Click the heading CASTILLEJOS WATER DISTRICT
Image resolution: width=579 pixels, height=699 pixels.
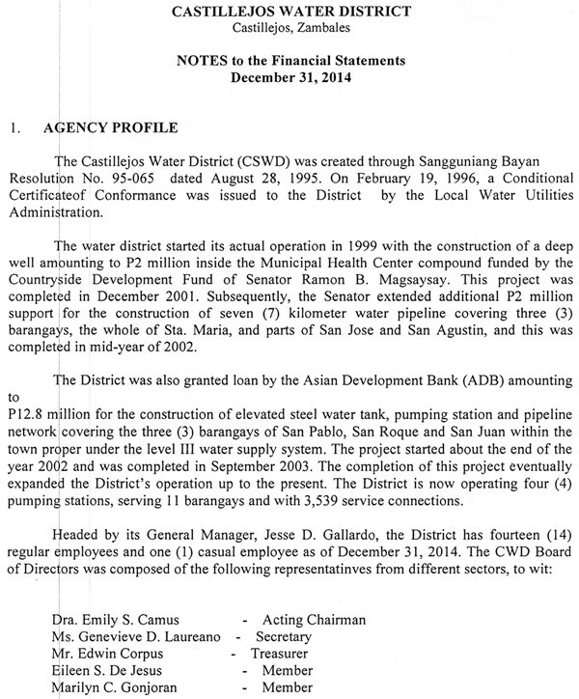click(289, 12)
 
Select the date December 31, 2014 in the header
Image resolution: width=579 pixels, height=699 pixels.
click(289, 78)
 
